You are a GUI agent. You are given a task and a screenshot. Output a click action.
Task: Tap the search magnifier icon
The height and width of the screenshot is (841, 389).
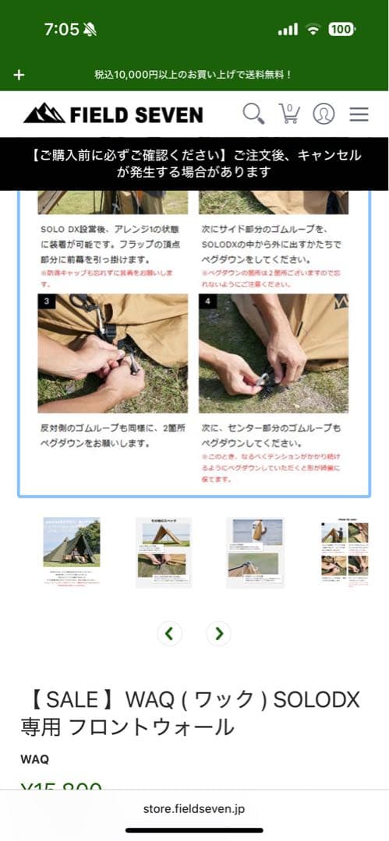(253, 114)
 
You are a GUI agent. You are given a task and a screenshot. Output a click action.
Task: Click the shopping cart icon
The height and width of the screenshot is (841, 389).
(289, 114)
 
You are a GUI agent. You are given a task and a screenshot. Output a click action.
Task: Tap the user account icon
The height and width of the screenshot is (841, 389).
(324, 114)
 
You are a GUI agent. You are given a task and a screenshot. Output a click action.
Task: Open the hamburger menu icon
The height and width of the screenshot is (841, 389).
(359, 114)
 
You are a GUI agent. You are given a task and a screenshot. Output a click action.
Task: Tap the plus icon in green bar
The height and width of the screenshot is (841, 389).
(19, 75)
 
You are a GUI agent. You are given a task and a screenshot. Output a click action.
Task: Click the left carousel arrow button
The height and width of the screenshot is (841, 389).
(169, 633)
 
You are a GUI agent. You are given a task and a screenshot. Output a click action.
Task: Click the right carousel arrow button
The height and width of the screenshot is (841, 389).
(219, 633)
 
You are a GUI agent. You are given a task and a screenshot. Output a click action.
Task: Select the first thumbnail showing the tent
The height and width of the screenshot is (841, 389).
(71, 551)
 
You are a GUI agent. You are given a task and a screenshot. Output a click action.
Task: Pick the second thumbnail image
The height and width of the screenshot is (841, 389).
(163, 551)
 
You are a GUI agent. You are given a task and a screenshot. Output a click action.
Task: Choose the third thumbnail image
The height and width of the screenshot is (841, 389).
(255, 551)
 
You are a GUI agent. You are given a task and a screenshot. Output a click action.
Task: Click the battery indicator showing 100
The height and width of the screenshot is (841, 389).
(341, 30)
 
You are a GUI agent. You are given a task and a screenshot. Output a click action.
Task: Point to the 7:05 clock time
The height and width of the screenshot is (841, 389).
(62, 30)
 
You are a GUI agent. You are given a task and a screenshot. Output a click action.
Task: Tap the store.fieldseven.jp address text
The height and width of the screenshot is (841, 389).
(194, 809)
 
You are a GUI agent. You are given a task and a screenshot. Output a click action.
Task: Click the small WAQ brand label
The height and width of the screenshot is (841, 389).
(34, 759)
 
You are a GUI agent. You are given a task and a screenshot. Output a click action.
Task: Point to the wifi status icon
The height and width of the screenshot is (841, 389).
(313, 30)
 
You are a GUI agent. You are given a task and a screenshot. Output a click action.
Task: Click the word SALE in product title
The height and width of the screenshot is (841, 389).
(67, 700)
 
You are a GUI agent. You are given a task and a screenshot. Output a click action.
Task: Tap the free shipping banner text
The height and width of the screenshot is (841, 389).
(193, 75)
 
